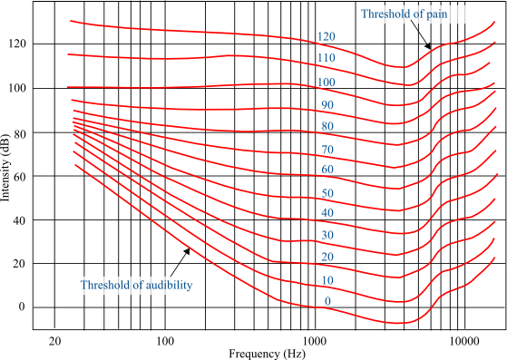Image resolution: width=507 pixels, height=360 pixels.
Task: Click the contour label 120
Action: point(327,37)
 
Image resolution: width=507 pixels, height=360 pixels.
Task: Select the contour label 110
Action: point(327,58)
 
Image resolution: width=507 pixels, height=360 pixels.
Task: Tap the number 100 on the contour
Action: point(327,83)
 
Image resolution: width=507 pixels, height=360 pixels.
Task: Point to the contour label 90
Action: point(327,105)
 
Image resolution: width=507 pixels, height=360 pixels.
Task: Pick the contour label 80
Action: point(327,126)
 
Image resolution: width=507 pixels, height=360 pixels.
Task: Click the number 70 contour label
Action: point(327,150)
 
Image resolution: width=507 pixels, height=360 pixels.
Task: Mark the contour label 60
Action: point(327,170)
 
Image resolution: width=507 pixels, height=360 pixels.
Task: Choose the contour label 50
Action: point(327,193)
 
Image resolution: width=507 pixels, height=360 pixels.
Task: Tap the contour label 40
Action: point(327,213)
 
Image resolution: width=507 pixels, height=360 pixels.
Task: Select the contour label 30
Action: point(327,236)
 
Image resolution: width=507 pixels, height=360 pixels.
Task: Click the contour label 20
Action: point(327,258)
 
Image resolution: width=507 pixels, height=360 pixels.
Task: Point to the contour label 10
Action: point(327,281)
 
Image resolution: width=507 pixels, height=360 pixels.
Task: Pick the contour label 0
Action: point(327,302)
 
